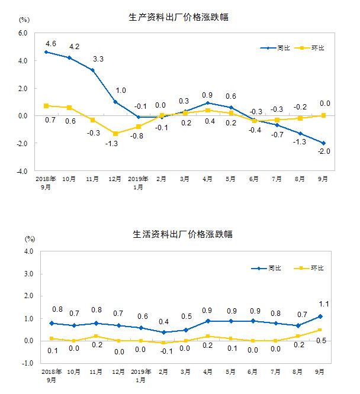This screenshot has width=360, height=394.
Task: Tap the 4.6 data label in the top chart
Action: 51,43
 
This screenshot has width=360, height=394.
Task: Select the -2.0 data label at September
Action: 324,151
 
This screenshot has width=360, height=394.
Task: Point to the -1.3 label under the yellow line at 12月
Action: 114,144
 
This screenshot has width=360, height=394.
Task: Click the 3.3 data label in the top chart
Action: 98,59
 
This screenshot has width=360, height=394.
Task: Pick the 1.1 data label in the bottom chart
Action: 324,305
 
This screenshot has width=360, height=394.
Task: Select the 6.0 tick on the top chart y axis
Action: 23,33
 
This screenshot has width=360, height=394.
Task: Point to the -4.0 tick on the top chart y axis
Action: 22,171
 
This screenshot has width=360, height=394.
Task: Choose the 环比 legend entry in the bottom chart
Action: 317,269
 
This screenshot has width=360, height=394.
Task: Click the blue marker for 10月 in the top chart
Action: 70,58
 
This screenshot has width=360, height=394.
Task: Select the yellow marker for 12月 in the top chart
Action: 115,134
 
